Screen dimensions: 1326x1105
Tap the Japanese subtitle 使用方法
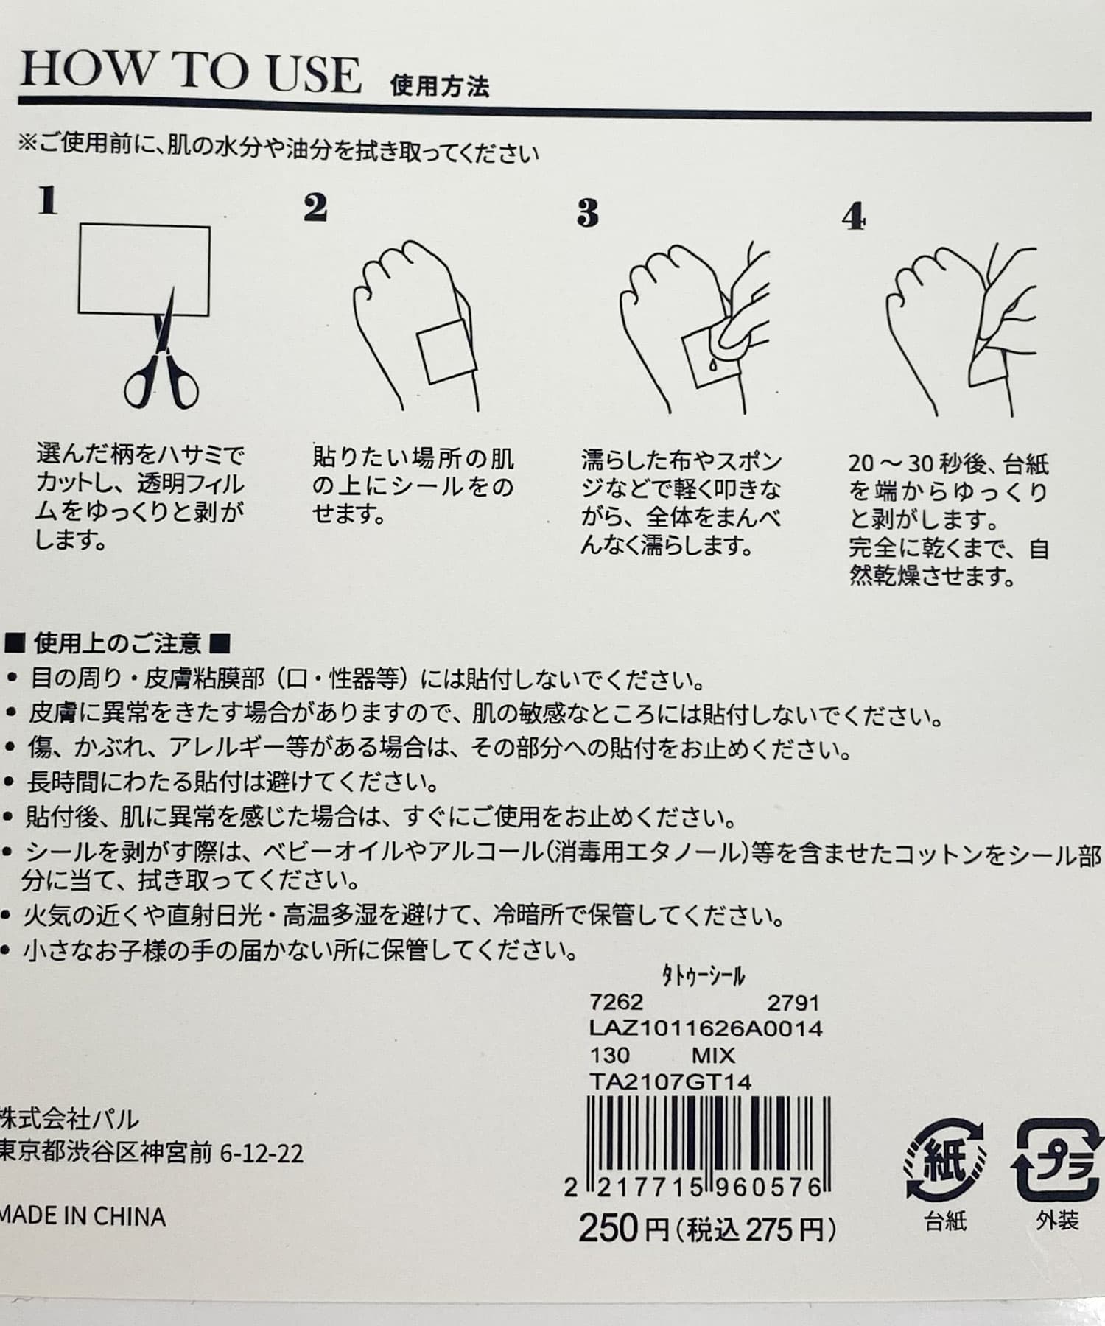(440, 86)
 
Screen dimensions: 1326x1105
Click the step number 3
(587, 213)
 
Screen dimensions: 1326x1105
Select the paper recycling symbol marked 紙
(945, 1162)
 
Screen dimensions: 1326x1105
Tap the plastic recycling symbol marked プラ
(1058, 1162)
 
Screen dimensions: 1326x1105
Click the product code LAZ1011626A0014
(705, 1028)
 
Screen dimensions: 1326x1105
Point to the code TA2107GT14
(670, 1081)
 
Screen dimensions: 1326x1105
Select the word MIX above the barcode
(713, 1056)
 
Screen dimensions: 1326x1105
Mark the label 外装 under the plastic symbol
(1057, 1221)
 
